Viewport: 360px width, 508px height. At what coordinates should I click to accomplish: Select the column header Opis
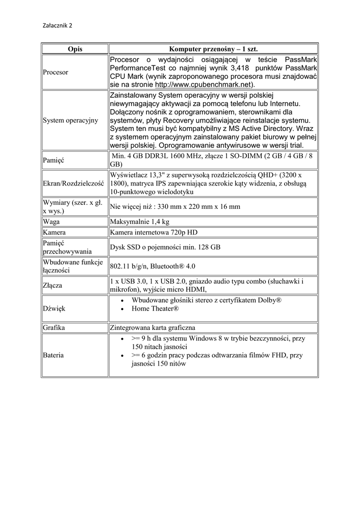(x=75, y=49)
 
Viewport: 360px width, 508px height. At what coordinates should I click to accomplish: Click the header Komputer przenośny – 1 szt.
(x=214, y=49)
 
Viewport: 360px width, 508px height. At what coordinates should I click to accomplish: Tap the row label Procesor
(x=56, y=72)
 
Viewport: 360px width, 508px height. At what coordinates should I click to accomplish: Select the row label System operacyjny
(x=71, y=120)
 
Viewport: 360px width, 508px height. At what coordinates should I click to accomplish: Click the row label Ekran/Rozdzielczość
(x=73, y=183)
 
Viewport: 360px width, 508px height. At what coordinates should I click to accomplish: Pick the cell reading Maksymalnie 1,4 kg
(x=140, y=222)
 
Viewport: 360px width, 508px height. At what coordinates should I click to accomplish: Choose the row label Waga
(x=52, y=222)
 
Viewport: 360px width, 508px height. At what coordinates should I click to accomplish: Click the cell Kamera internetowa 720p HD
(x=153, y=232)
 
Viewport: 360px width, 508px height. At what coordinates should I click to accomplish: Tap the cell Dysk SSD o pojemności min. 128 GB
(x=165, y=247)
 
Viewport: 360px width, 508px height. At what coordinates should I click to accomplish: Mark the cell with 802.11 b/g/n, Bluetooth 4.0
(x=152, y=266)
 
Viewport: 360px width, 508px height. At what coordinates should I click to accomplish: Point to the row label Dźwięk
(x=54, y=309)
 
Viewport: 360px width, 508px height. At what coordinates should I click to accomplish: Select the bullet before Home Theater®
(x=122, y=309)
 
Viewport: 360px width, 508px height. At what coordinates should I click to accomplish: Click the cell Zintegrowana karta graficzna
(x=152, y=327)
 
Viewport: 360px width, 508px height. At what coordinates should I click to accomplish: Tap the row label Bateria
(x=54, y=355)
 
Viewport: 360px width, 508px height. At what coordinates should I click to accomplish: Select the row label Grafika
(x=55, y=327)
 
